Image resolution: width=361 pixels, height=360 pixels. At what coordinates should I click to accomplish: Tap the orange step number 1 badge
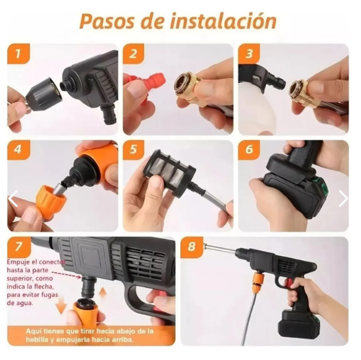click(19, 54)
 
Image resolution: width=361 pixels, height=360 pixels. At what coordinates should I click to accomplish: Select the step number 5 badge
click(134, 150)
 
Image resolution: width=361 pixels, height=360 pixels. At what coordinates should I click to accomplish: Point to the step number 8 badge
click(191, 247)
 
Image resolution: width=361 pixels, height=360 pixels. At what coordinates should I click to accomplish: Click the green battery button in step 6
click(324, 186)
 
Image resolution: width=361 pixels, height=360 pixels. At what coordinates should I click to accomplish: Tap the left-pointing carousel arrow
click(13, 199)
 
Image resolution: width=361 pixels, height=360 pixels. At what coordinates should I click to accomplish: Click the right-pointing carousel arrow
click(344, 199)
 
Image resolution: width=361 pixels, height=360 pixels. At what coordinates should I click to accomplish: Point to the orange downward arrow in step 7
click(61, 305)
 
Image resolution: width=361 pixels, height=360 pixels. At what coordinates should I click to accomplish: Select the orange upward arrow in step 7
click(103, 294)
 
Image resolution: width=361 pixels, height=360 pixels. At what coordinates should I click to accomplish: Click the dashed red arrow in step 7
click(66, 275)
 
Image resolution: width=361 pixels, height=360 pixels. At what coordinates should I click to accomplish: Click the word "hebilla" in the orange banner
click(37, 340)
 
